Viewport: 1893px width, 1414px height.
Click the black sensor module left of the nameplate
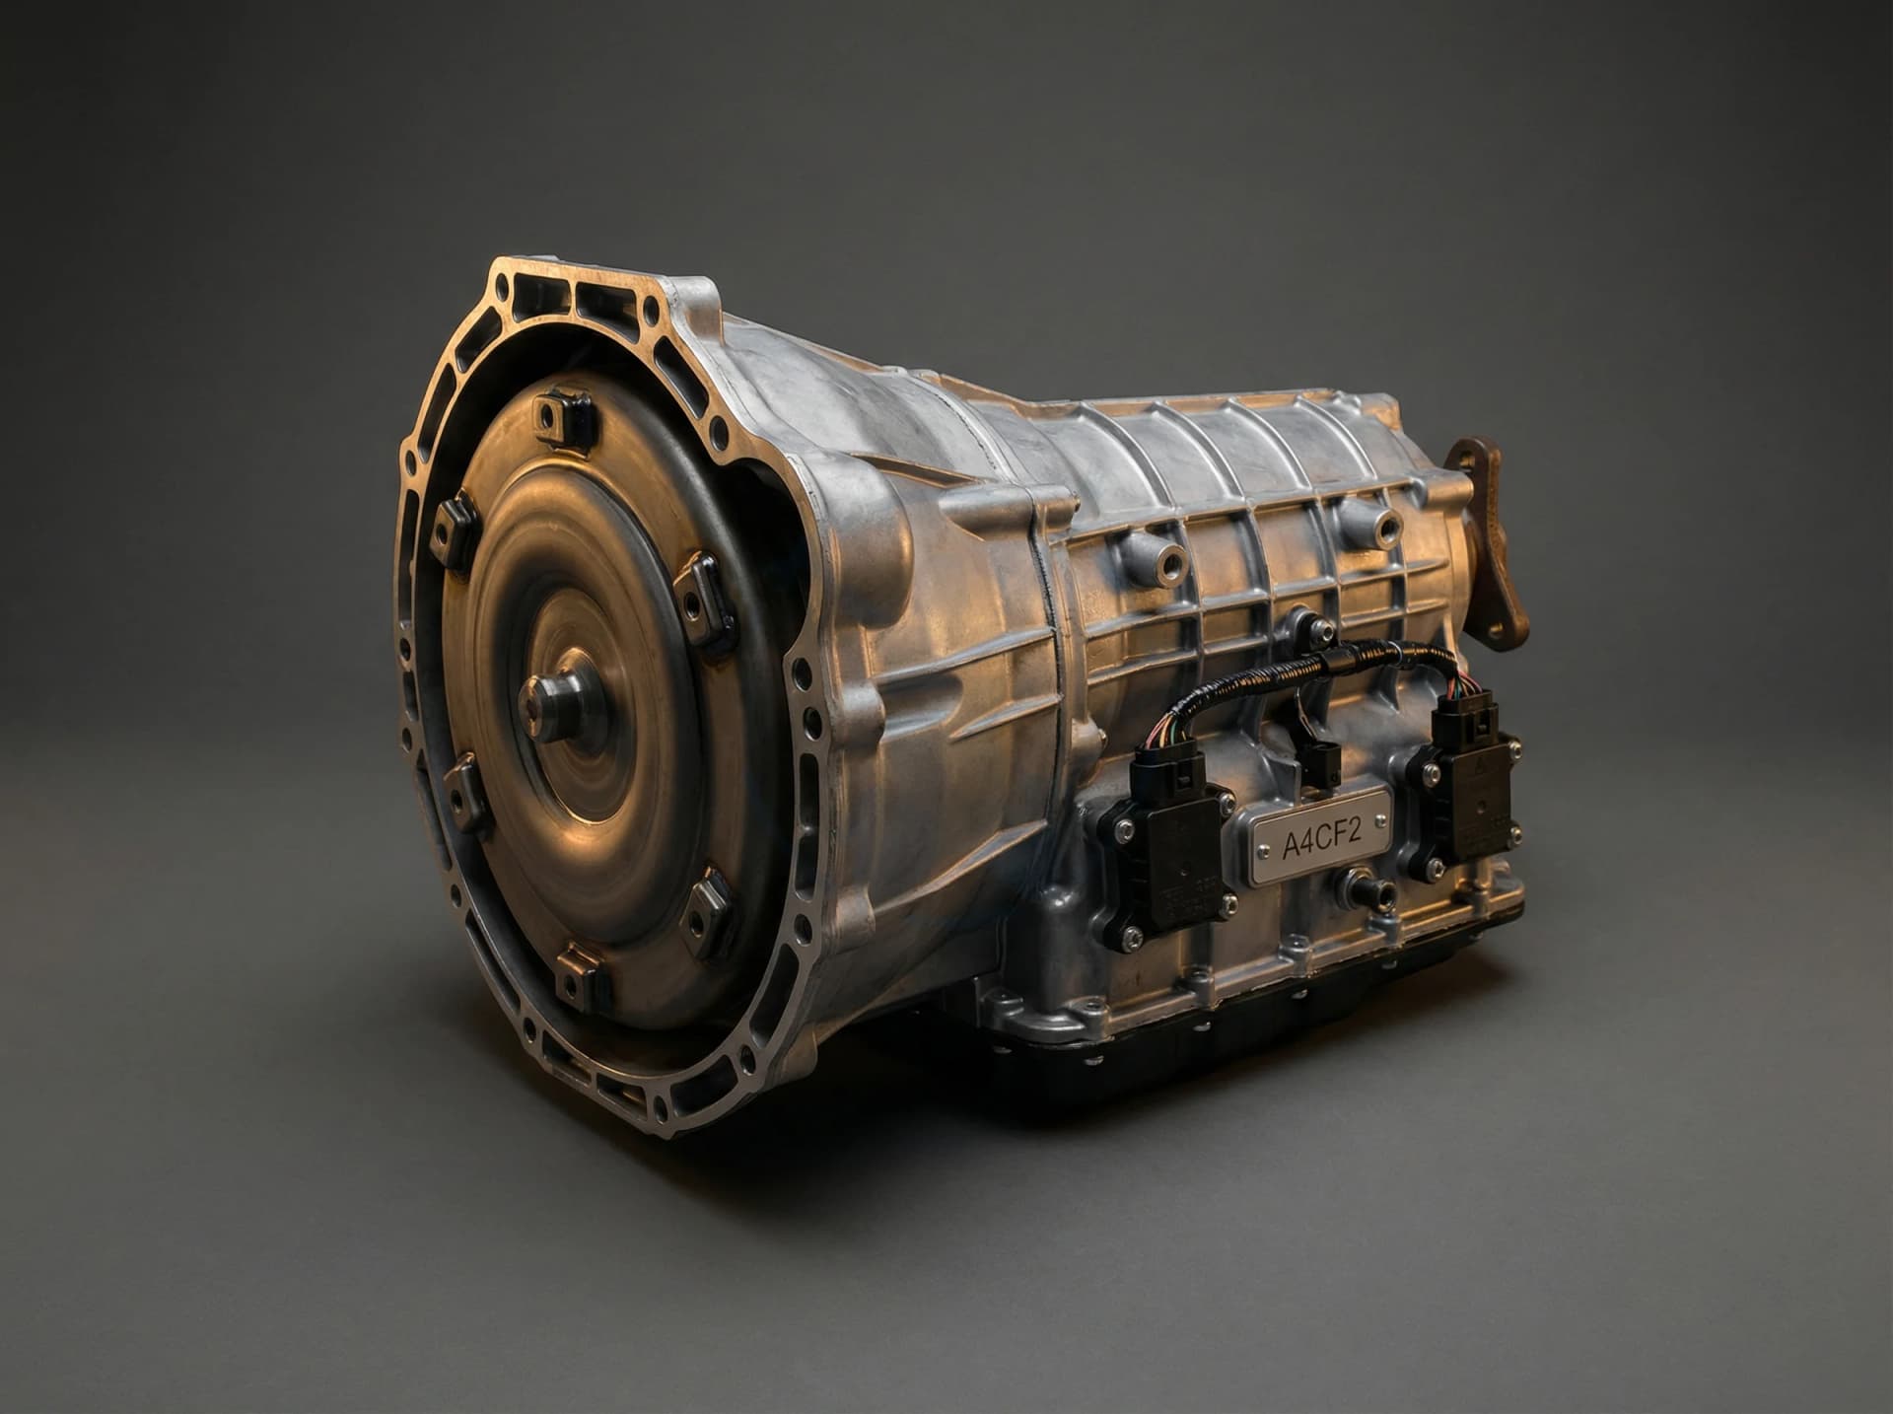[1168, 851]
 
